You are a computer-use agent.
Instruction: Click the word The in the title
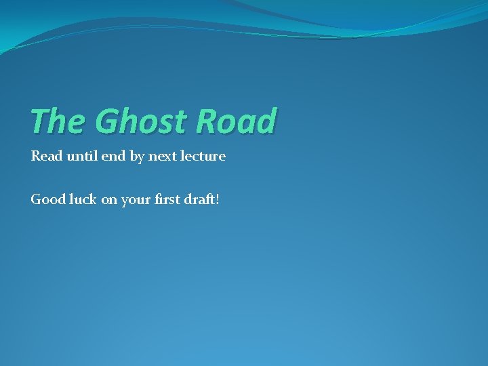coord(56,121)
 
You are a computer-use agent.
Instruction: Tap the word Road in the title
coord(236,121)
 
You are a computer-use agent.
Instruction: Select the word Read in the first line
coord(45,157)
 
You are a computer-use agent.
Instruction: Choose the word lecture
coord(203,157)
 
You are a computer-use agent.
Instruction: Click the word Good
coord(47,200)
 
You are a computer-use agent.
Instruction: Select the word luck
coord(83,200)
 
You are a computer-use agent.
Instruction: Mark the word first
coord(167,200)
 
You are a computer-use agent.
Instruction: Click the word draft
coord(200,200)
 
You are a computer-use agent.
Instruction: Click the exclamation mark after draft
coord(217,200)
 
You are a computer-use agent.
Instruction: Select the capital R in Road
coord(207,121)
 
